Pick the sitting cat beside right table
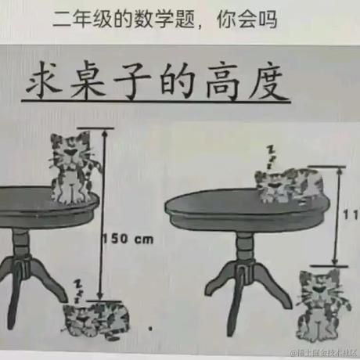tap(321, 301)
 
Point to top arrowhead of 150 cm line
tap(101, 131)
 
